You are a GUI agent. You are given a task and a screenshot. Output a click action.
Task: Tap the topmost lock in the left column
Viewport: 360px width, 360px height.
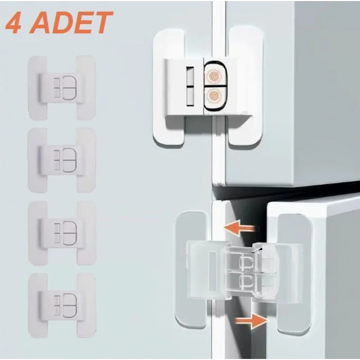tap(61, 87)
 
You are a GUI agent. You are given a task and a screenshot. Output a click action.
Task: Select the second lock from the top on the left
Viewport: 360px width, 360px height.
tap(61, 160)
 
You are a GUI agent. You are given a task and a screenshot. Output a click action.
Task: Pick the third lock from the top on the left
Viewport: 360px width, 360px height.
tap(61, 232)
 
